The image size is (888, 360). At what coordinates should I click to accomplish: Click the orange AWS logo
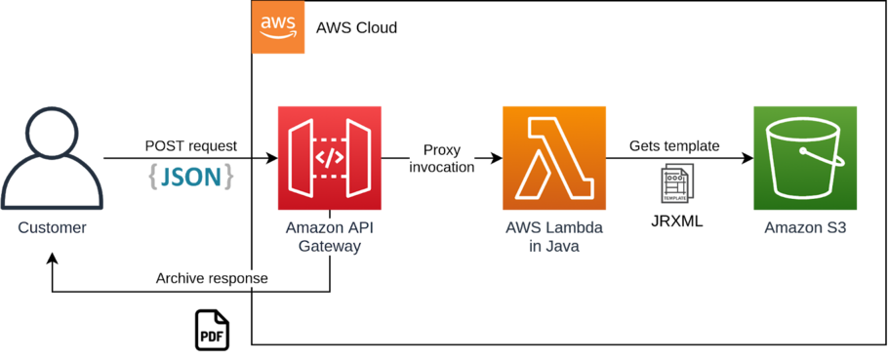(x=279, y=27)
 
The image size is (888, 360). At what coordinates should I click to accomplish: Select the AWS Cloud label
(x=356, y=28)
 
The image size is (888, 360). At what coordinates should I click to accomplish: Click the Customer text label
(x=53, y=228)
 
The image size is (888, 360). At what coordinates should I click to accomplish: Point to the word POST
(x=165, y=145)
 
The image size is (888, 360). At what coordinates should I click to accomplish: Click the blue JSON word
(x=191, y=177)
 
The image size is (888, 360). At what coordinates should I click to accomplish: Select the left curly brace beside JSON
(x=153, y=177)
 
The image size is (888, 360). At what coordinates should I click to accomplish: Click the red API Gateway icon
(x=329, y=158)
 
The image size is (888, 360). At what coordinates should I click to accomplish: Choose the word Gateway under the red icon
(x=329, y=247)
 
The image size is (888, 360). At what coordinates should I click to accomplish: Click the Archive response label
(x=212, y=278)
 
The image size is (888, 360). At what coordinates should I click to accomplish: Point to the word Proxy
(x=441, y=150)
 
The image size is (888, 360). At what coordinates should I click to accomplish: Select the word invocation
(x=441, y=167)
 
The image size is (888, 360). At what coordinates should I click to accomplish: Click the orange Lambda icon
(x=553, y=158)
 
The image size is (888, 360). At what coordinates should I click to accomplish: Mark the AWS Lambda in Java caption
(x=553, y=237)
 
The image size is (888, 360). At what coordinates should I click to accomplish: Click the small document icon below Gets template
(x=676, y=183)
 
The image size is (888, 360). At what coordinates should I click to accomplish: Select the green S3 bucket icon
(x=805, y=158)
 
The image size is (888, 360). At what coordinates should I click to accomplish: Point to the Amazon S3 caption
(x=805, y=228)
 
